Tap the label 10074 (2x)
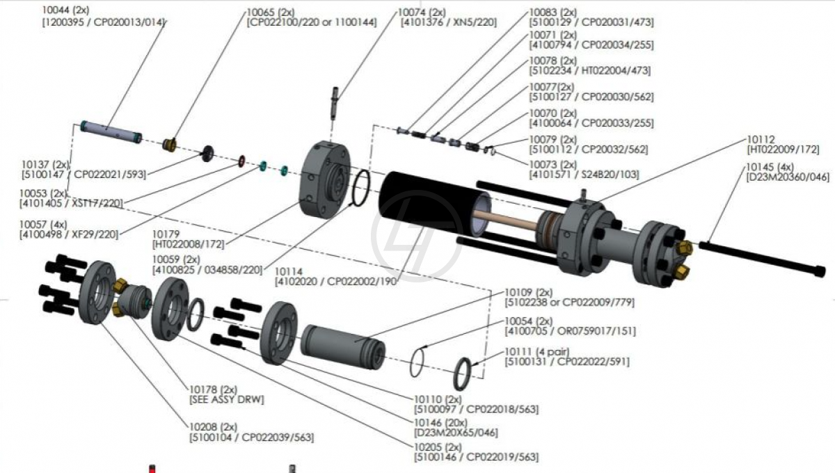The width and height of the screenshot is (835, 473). [x=422, y=13]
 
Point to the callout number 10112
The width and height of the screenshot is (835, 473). [x=761, y=139]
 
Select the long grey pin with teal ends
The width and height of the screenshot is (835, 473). [x=111, y=132]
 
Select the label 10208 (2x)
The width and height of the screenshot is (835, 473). [x=213, y=426]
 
